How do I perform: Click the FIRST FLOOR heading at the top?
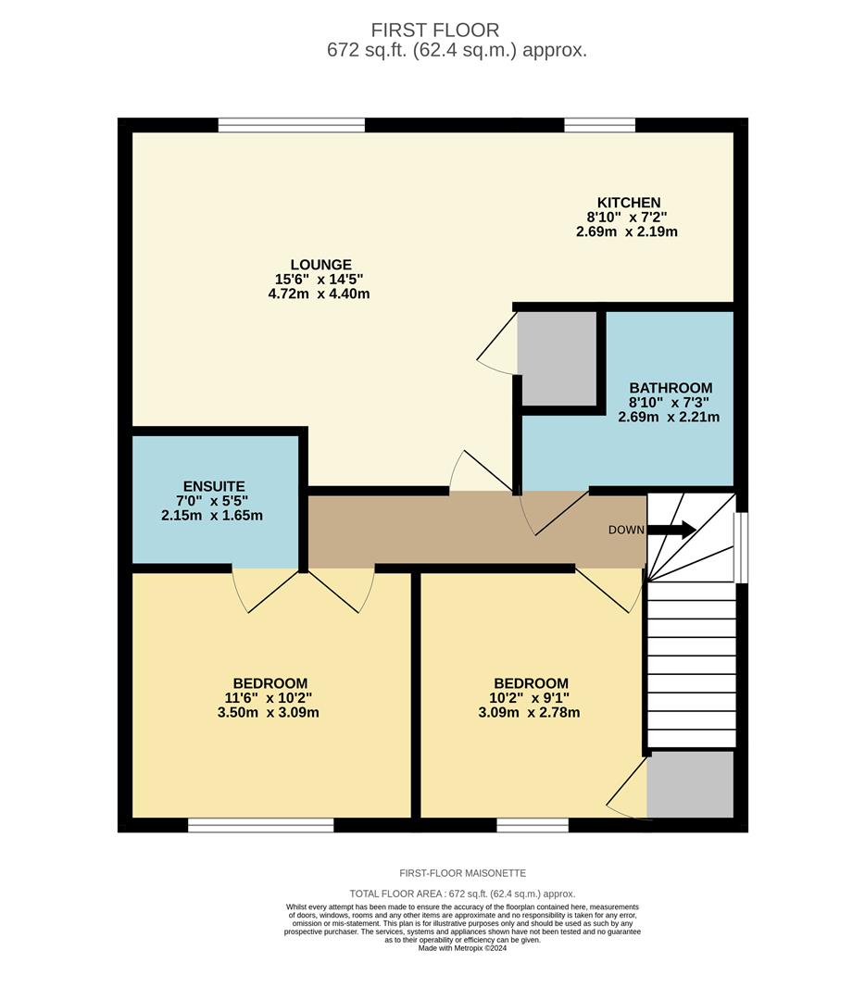coord(434,31)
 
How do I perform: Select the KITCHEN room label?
coord(629,202)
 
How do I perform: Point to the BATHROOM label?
coord(671,388)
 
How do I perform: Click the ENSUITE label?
coord(213,485)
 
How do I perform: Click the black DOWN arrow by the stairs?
coord(672,530)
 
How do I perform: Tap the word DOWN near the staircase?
coord(626,531)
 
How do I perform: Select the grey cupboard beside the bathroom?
coord(557,357)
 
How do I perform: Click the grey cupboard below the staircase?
coord(690,784)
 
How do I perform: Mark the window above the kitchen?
coord(599,125)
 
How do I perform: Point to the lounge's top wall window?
coord(292,125)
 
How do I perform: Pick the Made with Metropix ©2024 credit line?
coord(462,948)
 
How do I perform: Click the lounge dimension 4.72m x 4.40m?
coord(319,294)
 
